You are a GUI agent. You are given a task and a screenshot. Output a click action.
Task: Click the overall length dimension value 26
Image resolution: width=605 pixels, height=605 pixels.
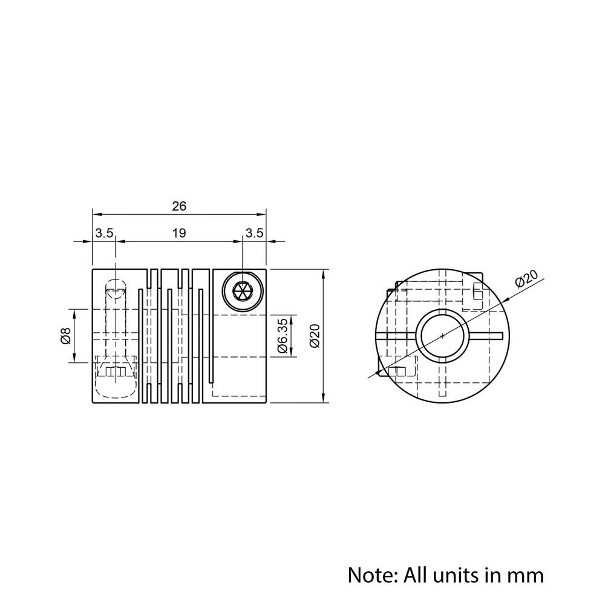click(179, 206)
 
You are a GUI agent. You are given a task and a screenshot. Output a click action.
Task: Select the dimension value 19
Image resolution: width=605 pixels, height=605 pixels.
click(179, 234)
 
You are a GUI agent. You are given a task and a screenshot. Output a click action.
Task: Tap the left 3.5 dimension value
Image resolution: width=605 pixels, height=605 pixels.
click(103, 234)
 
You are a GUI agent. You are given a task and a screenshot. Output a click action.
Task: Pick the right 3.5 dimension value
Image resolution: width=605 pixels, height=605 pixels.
click(255, 234)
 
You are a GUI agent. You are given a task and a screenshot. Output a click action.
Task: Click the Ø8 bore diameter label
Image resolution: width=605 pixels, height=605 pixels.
click(66, 336)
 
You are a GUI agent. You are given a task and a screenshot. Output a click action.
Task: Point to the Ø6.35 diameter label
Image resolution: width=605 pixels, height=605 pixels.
click(281, 336)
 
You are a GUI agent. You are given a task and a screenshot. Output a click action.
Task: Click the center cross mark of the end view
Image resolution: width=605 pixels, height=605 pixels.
click(443, 336)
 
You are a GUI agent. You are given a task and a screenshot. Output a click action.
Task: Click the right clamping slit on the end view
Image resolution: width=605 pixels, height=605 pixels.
click(486, 336)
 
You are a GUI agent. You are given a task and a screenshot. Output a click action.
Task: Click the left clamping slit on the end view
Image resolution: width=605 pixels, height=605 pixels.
click(396, 336)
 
